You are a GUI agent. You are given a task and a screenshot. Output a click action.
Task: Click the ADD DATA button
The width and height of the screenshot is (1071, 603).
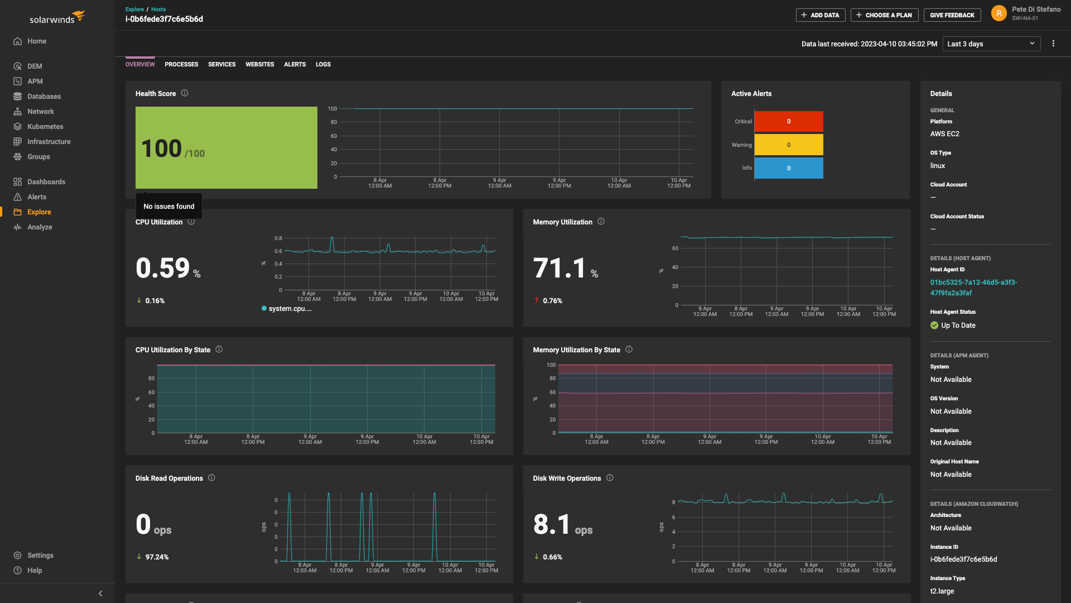click(x=820, y=15)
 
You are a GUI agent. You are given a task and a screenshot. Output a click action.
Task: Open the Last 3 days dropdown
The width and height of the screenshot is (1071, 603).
click(x=991, y=44)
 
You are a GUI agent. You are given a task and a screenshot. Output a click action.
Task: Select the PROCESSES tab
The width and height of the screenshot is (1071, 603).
click(x=181, y=64)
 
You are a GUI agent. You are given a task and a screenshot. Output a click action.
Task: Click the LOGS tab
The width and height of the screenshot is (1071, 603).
click(x=323, y=64)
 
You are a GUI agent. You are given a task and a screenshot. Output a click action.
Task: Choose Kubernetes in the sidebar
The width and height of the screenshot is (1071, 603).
click(x=45, y=127)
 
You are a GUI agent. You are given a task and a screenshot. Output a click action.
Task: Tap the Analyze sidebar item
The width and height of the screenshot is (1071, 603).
click(x=39, y=227)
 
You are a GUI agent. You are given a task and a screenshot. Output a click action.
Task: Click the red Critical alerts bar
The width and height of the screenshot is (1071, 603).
click(x=788, y=121)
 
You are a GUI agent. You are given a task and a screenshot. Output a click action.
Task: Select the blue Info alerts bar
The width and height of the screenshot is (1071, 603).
click(x=788, y=168)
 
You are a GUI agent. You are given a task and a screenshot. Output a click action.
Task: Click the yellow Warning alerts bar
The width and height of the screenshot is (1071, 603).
click(x=788, y=145)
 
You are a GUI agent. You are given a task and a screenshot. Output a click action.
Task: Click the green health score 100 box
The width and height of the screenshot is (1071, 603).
click(x=226, y=147)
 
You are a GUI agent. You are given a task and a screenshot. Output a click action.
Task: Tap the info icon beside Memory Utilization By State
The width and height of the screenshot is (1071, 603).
click(x=629, y=350)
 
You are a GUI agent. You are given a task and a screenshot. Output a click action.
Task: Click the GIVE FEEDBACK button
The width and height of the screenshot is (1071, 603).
click(x=952, y=15)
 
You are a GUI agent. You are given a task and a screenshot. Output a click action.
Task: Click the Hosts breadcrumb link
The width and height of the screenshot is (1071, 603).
click(x=158, y=9)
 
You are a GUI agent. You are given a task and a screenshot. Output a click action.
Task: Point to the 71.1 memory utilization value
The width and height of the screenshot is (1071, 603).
click(x=559, y=268)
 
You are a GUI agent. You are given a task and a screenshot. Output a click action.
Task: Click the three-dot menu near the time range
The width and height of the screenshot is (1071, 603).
click(x=1053, y=44)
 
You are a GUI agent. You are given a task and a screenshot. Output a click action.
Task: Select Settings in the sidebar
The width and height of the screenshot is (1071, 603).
click(x=40, y=556)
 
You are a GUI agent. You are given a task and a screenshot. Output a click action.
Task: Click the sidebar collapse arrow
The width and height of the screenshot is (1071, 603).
click(x=100, y=594)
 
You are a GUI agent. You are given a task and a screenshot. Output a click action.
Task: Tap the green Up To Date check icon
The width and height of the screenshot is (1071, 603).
click(x=934, y=326)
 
